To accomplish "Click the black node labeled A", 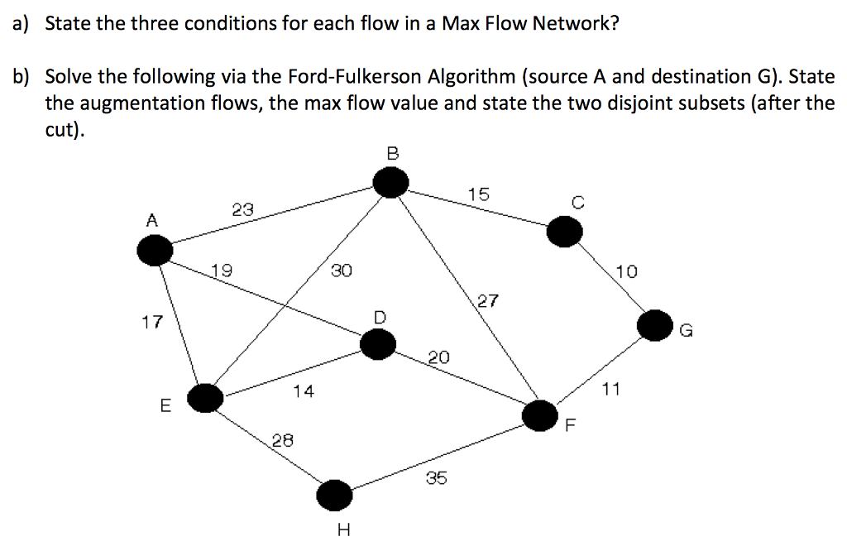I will (155, 250).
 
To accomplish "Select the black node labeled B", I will (390, 183).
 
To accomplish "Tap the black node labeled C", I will (564, 232).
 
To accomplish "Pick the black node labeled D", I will (378, 345).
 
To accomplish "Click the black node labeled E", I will (205, 398).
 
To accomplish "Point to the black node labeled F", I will (539, 414).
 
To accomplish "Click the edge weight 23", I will (243, 210).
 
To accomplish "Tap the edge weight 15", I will (478, 194).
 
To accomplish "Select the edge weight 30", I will (341, 270).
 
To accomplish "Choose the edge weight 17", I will (152, 322).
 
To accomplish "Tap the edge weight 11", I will (610, 388).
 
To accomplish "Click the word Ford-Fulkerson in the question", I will (354, 77).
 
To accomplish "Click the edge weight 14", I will (304, 391).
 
